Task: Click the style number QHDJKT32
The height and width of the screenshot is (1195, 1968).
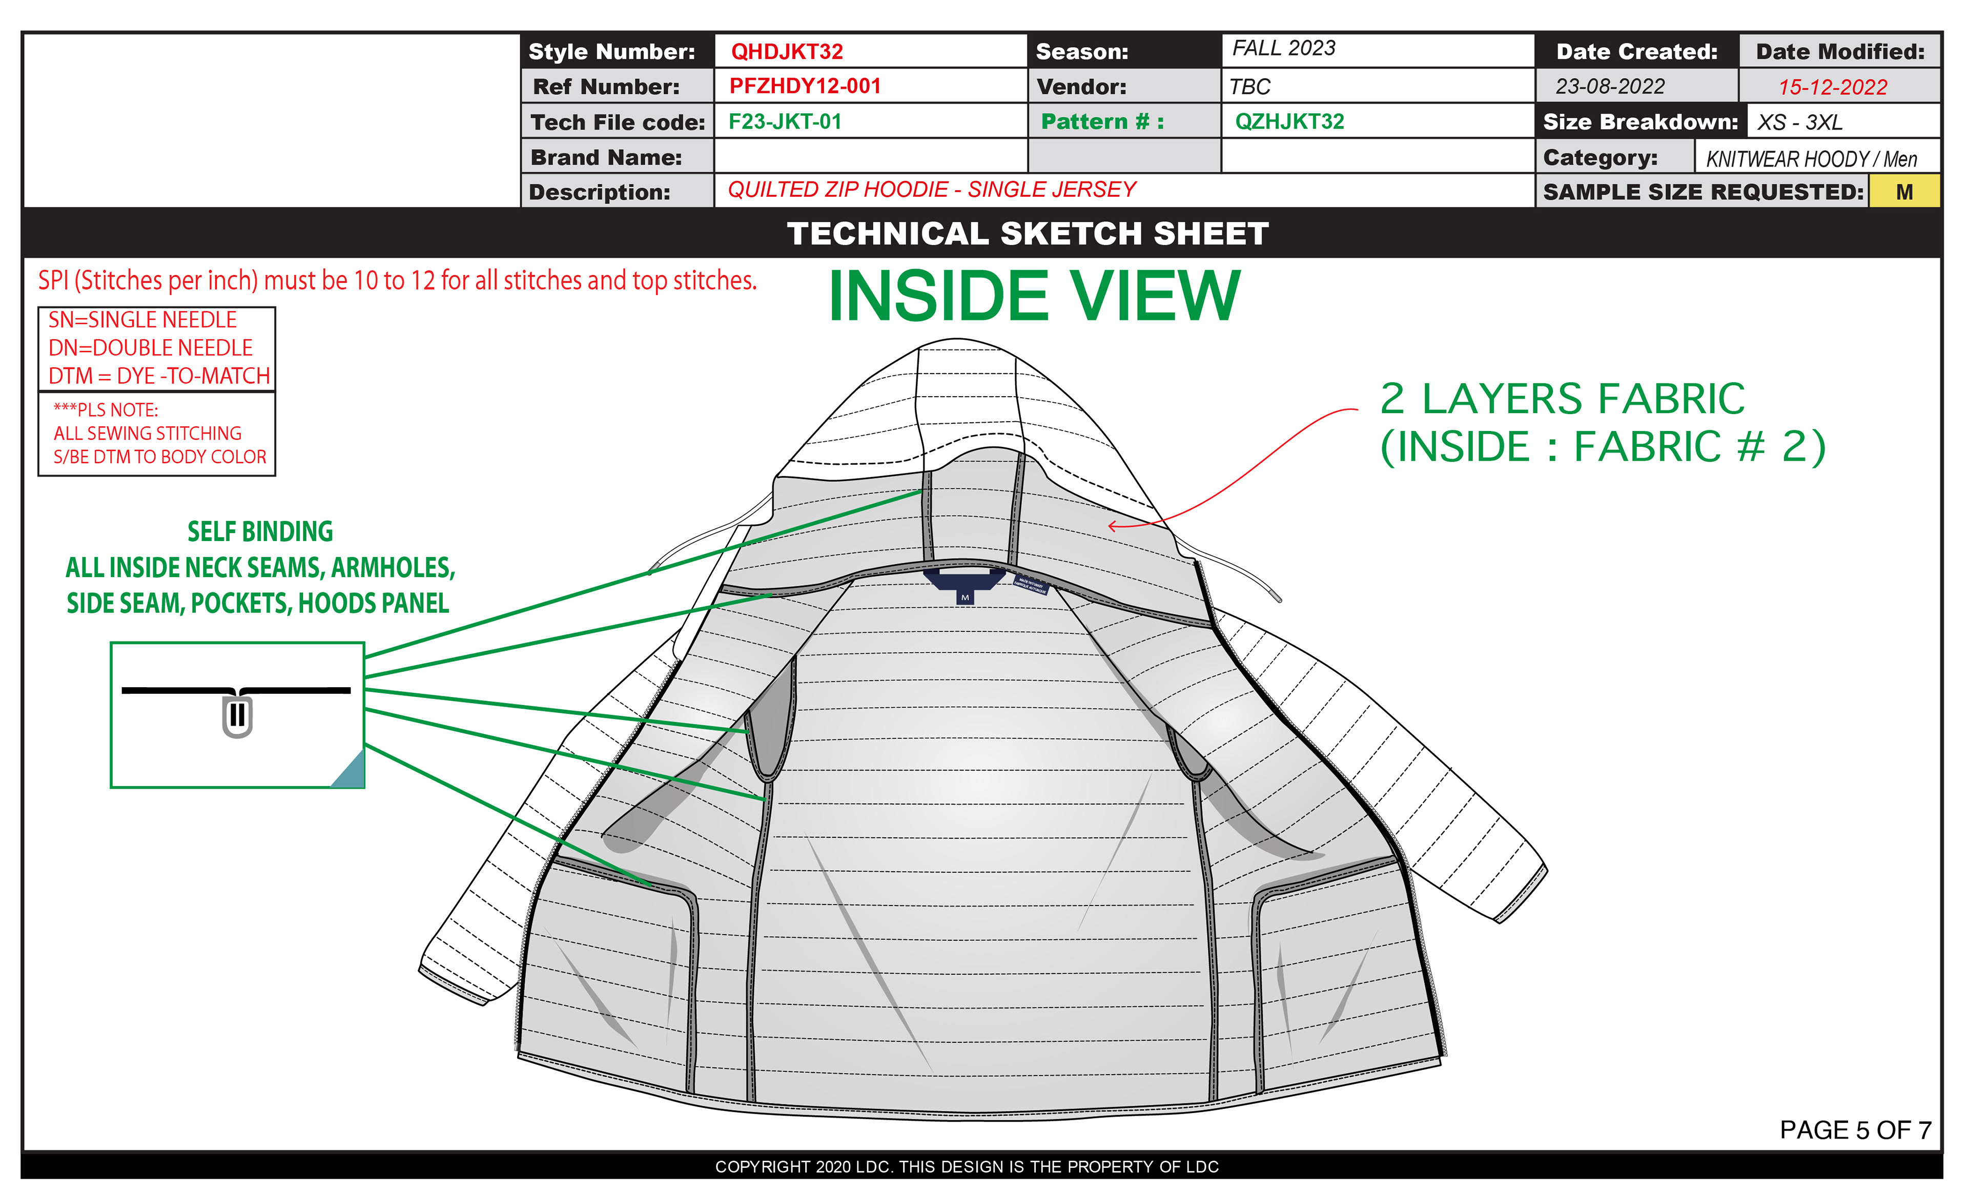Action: pyautogui.click(x=786, y=52)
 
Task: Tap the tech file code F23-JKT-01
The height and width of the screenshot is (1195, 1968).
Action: pyautogui.click(x=784, y=121)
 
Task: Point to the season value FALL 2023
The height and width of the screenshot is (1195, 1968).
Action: pyautogui.click(x=1283, y=49)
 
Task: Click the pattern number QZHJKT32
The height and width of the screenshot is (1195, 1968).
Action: pyautogui.click(x=1288, y=121)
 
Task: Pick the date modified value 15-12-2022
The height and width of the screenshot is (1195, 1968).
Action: pyautogui.click(x=1832, y=87)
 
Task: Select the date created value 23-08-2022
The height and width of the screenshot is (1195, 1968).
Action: pyautogui.click(x=1609, y=86)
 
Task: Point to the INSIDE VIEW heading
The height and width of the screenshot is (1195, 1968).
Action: pyautogui.click(x=1034, y=296)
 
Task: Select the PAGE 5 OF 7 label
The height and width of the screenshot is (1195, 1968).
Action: pyautogui.click(x=1855, y=1129)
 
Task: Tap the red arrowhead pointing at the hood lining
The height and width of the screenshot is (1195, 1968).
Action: pyautogui.click(x=1111, y=526)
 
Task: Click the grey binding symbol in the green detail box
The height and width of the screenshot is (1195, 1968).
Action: pyautogui.click(x=237, y=716)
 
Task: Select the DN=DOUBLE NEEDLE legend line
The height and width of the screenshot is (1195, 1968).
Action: pyautogui.click(x=150, y=347)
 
